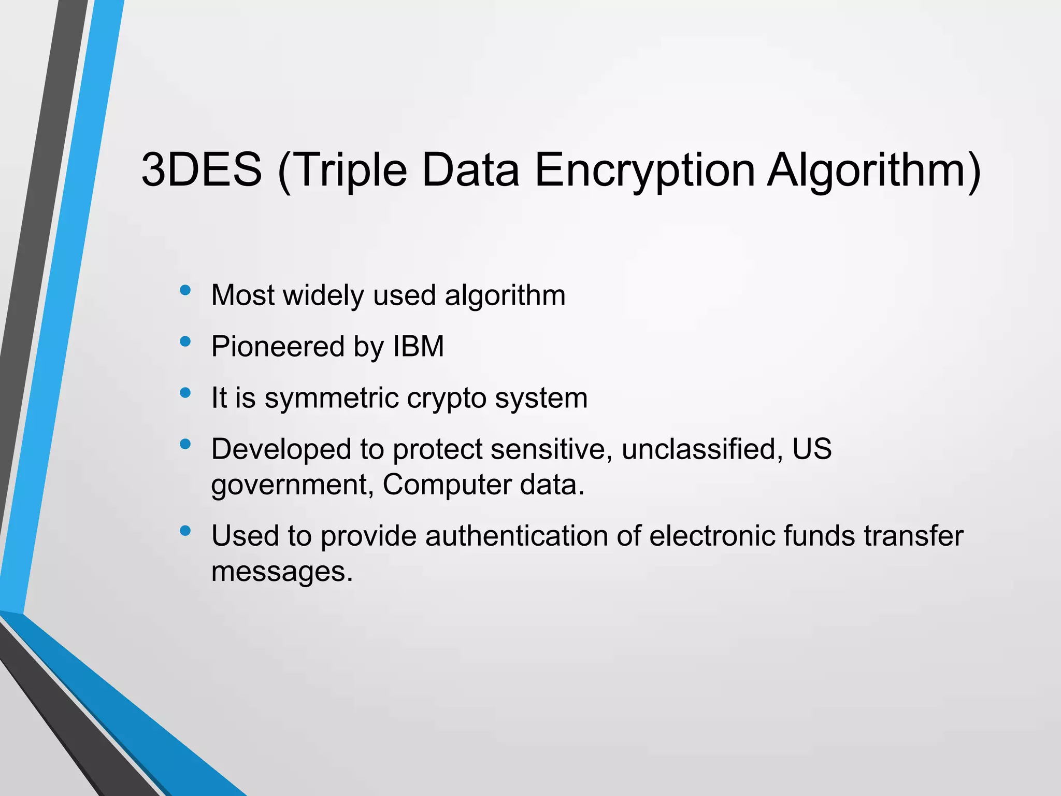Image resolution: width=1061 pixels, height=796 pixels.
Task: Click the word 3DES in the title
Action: (x=202, y=169)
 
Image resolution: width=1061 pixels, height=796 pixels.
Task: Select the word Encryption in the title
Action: (x=644, y=169)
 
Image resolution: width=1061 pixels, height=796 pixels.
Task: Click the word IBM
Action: (x=419, y=346)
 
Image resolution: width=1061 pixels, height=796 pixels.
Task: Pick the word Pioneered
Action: (x=278, y=346)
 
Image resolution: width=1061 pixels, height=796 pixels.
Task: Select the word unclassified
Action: (x=701, y=449)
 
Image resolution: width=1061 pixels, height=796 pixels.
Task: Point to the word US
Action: (x=812, y=449)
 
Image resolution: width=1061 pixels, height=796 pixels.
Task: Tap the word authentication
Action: (x=516, y=536)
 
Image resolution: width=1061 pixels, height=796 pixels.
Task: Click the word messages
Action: (x=282, y=572)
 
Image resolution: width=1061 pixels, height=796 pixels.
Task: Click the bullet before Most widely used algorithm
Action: (x=185, y=290)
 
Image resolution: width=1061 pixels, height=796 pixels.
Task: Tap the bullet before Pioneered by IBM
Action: (x=185, y=342)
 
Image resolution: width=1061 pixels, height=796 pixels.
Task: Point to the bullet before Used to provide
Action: (x=185, y=531)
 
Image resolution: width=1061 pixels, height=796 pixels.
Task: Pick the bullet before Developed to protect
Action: (x=185, y=444)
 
